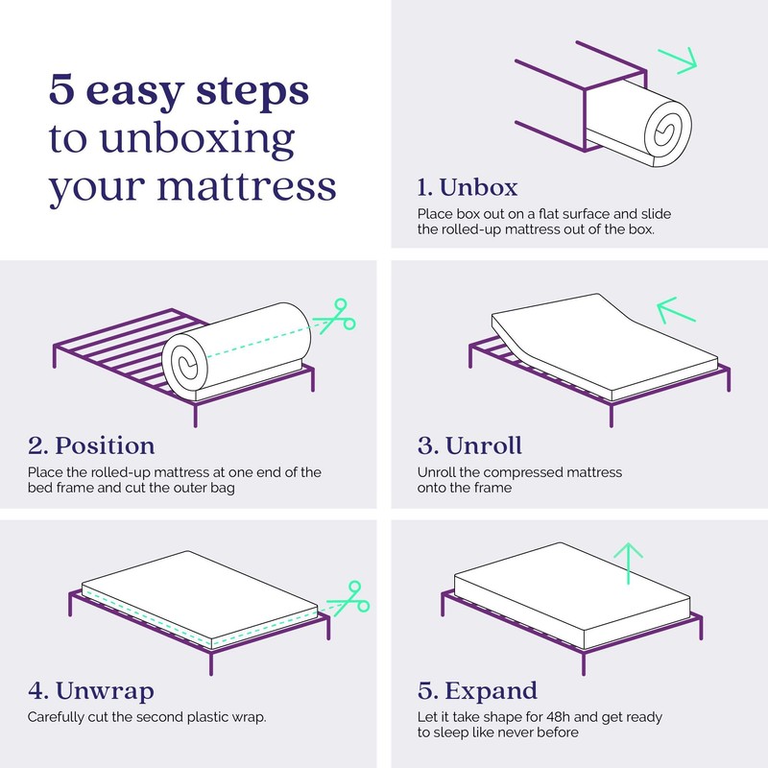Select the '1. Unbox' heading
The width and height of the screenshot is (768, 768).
click(468, 186)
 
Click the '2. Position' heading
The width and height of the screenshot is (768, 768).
click(91, 445)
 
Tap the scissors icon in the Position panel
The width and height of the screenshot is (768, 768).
click(336, 316)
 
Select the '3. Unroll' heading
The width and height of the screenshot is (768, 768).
click(469, 445)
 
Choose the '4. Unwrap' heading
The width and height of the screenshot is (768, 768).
click(90, 691)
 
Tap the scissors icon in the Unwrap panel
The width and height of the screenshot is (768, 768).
click(347, 597)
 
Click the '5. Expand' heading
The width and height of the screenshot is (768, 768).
click(477, 691)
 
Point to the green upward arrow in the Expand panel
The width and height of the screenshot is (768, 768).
click(628, 562)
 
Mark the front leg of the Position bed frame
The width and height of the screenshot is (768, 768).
click(197, 414)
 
